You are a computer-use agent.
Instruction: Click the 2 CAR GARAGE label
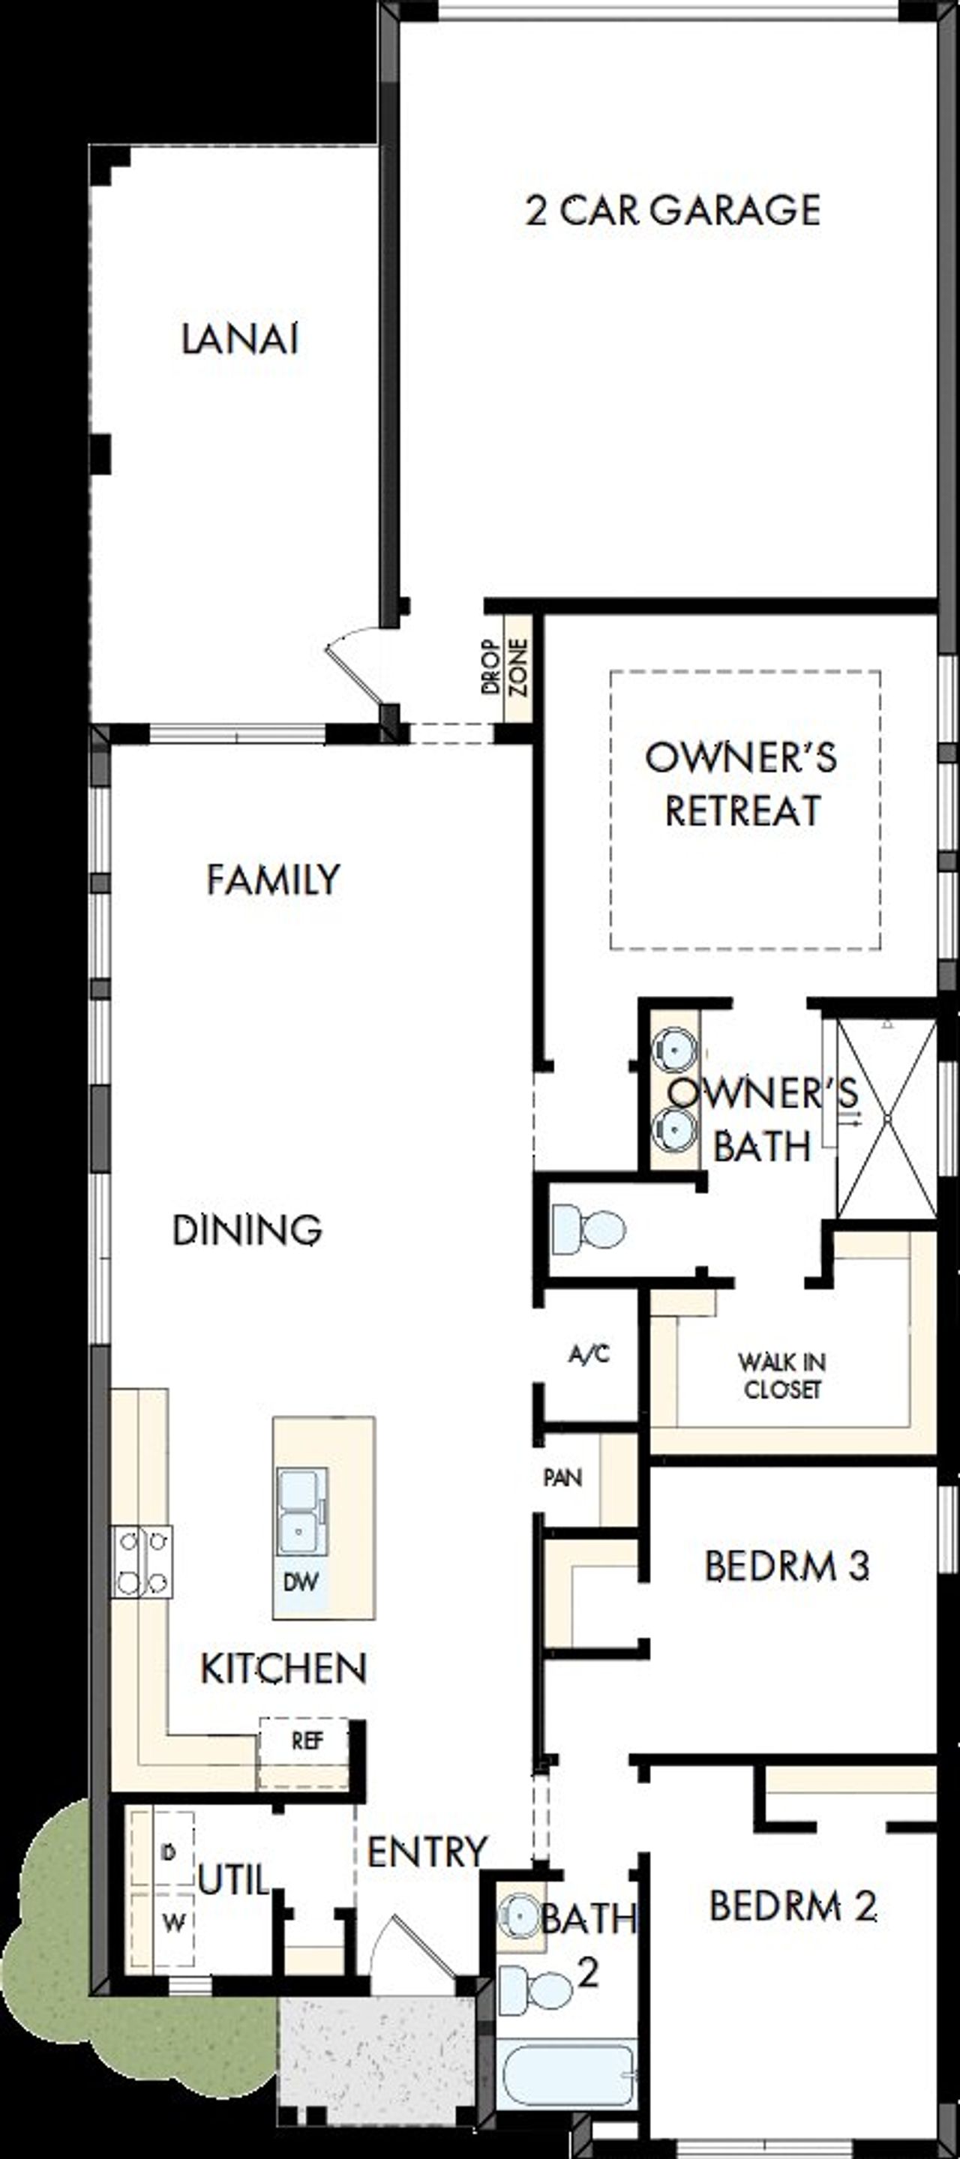click(x=673, y=211)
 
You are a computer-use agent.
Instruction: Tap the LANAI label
click(x=240, y=340)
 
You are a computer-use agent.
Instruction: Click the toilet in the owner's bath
click(x=589, y=1230)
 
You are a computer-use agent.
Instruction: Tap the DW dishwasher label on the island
click(x=300, y=1582)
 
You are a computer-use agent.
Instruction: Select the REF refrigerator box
click(x=306, y=1741)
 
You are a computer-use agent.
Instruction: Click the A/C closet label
click(x=589, y=1354)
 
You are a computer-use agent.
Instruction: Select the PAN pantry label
click(x=562, y=1477)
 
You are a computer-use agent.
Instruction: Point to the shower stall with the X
click(x=886, y=1119)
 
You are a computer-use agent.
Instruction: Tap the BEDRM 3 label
click(x=787, y=1567)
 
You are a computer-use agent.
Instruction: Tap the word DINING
click(x=247, y=1230)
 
